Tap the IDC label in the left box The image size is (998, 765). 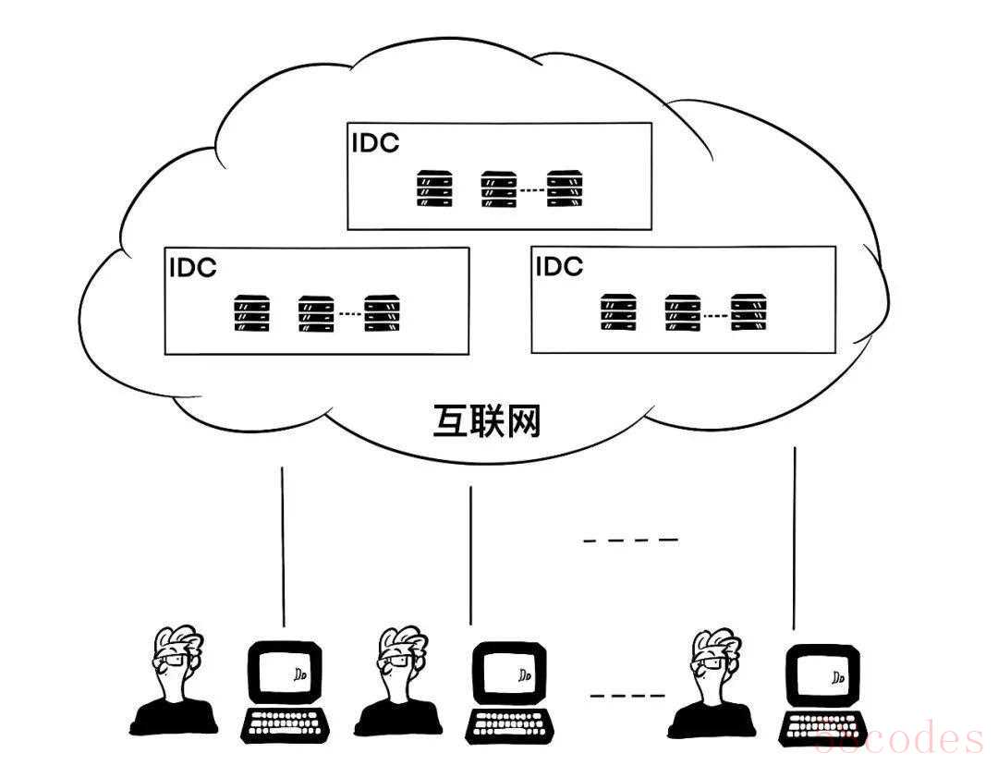click(192, 267)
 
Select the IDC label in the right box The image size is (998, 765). click(559, 266)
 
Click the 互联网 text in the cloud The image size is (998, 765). click(487, 420)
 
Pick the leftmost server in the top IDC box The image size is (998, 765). click(434, 188)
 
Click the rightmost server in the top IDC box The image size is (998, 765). click(565, 188)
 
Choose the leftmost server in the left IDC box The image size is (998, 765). click(251, 313)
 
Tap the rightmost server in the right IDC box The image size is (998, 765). click(749, 312)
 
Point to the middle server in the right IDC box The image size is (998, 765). click(683, 312)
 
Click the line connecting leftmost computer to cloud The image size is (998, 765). click(283, 545)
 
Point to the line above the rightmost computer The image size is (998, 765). click(795, 536)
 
